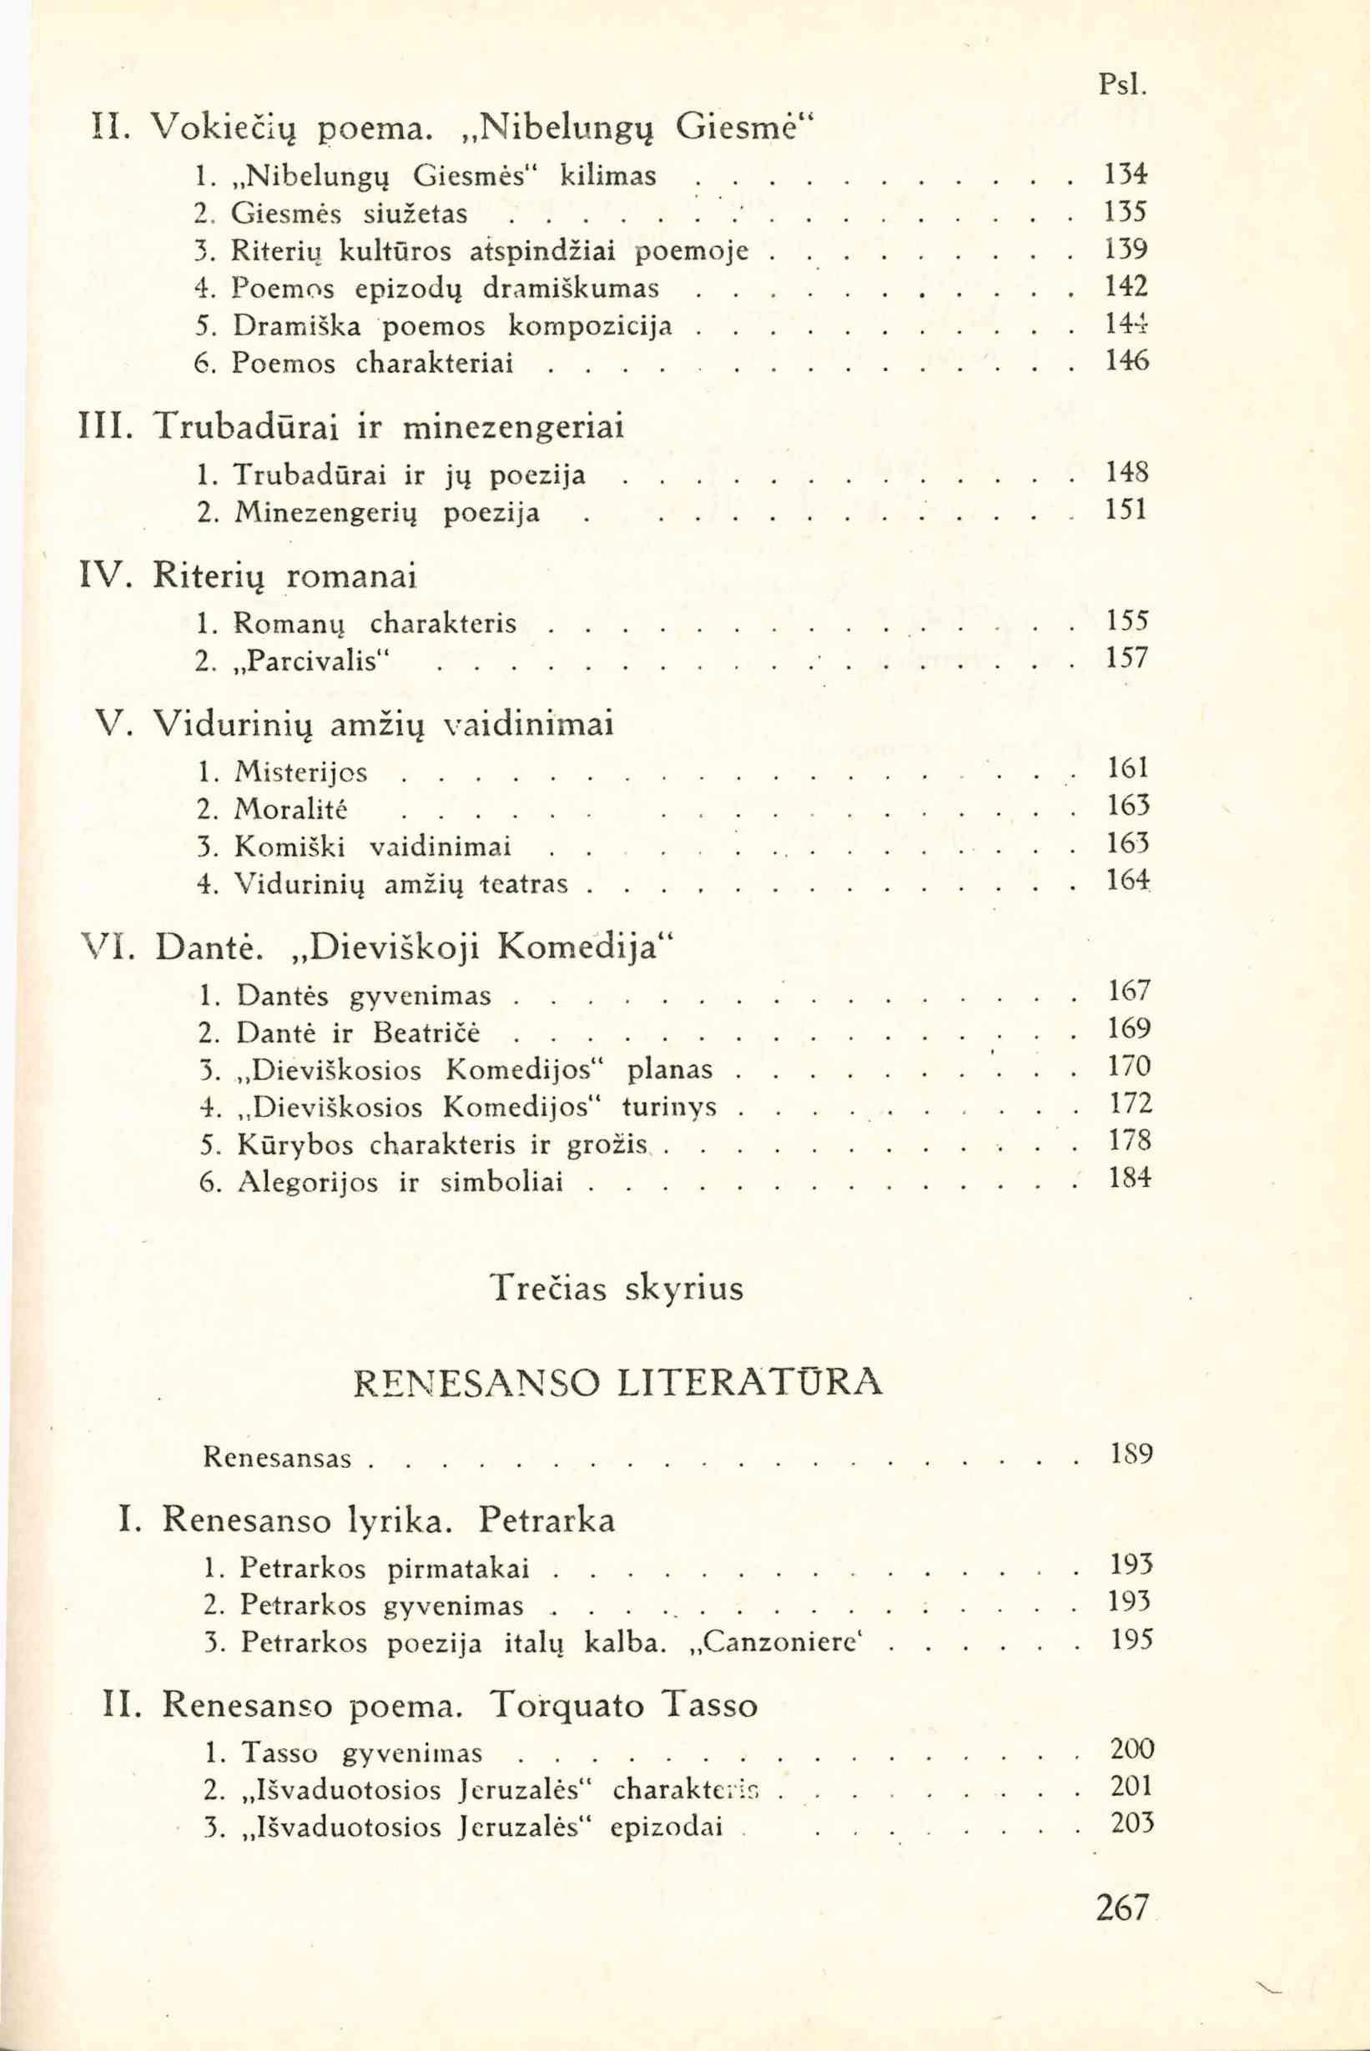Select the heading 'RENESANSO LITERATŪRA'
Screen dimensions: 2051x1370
tap(618, 1381)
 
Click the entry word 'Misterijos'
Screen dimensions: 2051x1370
tap(300, 772)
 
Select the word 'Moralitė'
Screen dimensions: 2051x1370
tap(292, 810)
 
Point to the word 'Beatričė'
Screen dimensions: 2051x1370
tap(426, 1033)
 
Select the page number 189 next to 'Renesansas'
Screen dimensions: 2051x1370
tap(1131, 1455)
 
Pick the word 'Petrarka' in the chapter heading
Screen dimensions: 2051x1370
tap(547, 1520)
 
